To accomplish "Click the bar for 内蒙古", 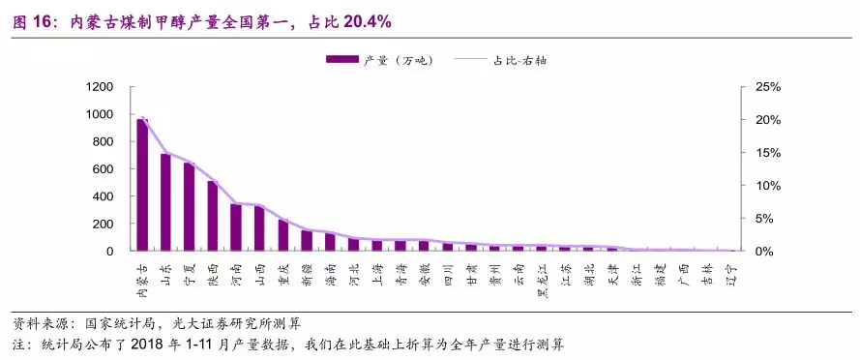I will pyautogui.click(x=142, y=185).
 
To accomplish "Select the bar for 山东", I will pyautogui.click(x=165, y=202).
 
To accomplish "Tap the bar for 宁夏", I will pyautogui.click(x=190, y=207).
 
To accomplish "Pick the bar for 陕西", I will pyautogui.click(x=213, y=216).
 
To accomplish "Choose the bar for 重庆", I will pyautogui.click(x=283, y=235).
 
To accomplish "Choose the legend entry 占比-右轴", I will pyautogui.click(x=527, y=60).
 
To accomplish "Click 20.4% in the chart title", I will pyautogui.click(x=369, y=20).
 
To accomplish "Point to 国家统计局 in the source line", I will pyautogui.click(x=115, y=323).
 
